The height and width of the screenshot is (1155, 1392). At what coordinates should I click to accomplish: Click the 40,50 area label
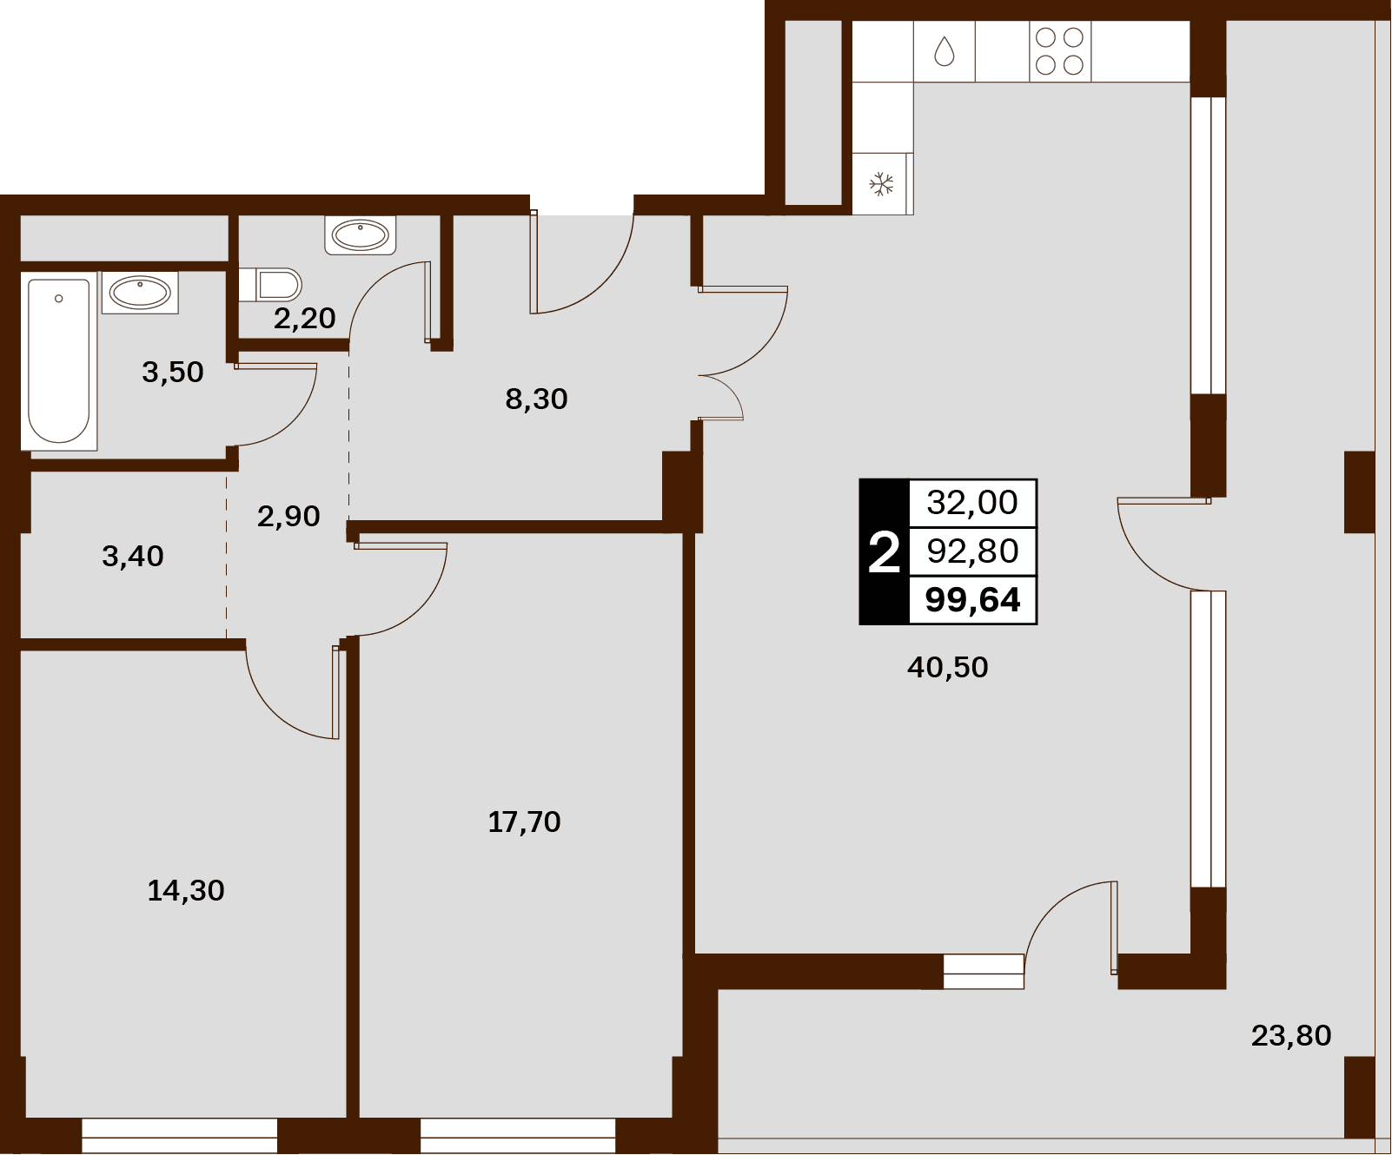point(947,667)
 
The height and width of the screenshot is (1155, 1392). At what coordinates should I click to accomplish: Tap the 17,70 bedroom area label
point(524,822)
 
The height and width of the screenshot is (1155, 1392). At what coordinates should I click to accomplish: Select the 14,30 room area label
point(186,890)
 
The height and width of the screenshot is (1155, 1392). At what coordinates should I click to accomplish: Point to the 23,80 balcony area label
point(1291,1035)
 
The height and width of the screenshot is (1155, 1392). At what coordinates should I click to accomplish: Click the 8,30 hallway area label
point(536,399)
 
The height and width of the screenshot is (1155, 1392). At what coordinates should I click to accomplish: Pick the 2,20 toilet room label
point(304,318)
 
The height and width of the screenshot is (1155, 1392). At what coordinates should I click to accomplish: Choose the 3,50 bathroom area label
point(173,372)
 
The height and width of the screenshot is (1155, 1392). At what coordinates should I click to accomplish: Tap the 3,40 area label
point(133,556)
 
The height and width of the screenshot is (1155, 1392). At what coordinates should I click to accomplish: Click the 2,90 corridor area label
point(288,516)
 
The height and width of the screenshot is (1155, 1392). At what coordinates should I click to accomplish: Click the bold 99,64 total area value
point(972,600)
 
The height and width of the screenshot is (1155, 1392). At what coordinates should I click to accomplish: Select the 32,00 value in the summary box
point(972,502)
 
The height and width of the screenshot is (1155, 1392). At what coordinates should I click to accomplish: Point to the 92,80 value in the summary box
point(972,551)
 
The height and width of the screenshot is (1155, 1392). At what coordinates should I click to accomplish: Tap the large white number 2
point(884,552)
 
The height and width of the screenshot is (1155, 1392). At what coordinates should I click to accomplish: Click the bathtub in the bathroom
point(59,361)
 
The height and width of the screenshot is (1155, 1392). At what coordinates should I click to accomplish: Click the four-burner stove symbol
point(1060,50)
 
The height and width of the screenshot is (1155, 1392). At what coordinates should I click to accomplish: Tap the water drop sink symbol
point(945,51)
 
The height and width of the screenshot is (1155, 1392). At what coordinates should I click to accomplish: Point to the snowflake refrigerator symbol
point(882,184)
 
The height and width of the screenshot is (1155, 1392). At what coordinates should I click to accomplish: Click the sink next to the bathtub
point(140,293)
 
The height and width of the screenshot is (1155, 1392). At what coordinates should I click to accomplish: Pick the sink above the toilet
point(361,235)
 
